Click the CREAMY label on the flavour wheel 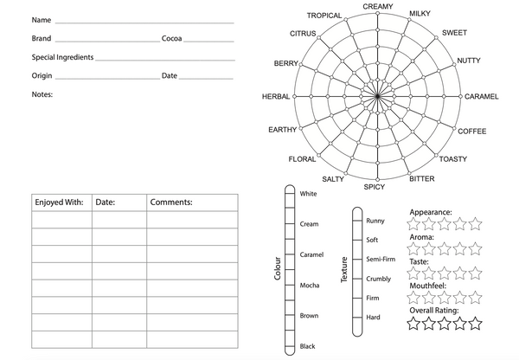pos(377,7)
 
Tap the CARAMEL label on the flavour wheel pos(482,97)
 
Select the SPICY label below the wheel pos(375,187)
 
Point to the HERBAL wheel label pos(276,97)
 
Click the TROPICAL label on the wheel pos(324,16)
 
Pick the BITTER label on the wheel pos(422,179)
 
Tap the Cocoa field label pos(172,39)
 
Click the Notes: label pos(42,93)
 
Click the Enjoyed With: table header pos(59,202)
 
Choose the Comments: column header pos(171,202)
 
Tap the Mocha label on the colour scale pos(310,286)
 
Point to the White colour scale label pos(308,194)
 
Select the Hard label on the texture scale pos(374,318)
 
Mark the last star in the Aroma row pos(474,249)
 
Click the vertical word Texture pos(343,270)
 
